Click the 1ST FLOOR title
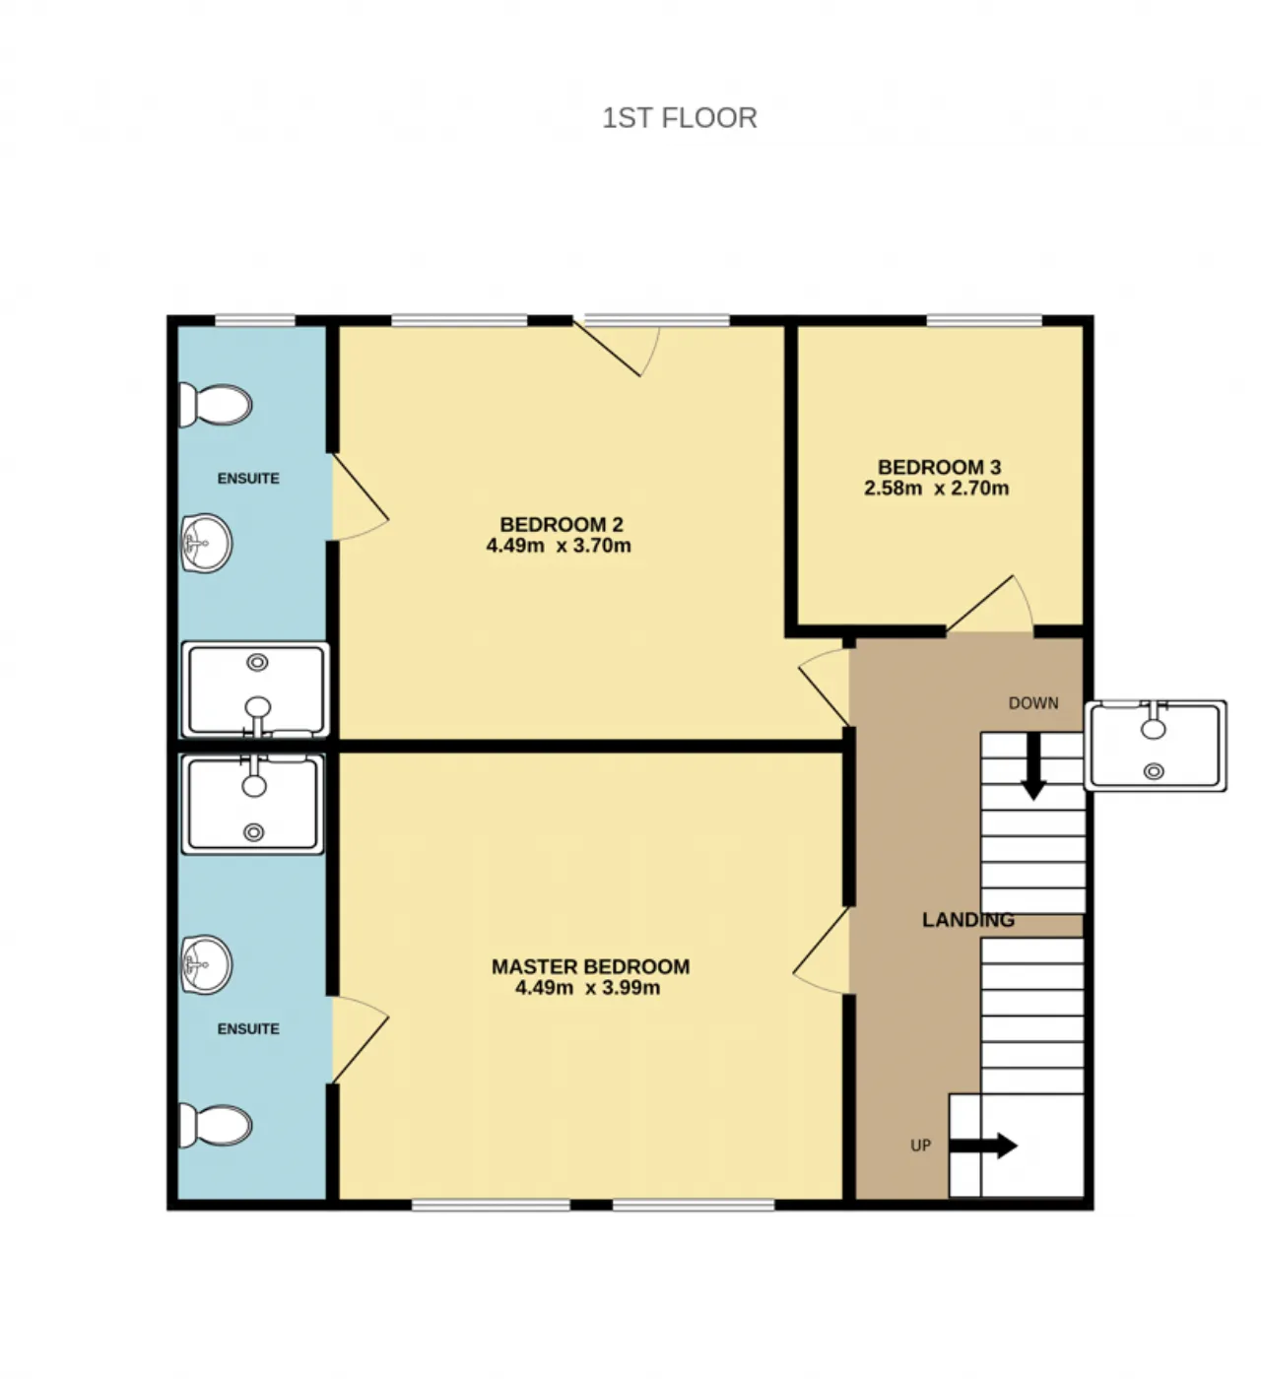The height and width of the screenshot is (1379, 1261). (680, 118)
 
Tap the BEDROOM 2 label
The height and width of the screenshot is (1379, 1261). (562, 525)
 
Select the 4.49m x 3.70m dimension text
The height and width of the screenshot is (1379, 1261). (559, 546)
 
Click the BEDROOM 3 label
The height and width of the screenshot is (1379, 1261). (939, 467)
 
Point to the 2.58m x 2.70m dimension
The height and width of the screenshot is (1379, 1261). (937, 489)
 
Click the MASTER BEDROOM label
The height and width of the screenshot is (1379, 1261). (591, 966)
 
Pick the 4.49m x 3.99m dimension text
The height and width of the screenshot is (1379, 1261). (588, 988)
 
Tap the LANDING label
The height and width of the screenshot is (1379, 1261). (968, 920)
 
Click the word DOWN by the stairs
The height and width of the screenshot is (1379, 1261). (1033, 703)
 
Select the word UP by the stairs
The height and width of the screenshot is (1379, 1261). (921, 1146)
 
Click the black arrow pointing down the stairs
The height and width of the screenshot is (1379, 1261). (1032, 765)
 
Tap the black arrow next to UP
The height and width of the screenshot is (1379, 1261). (982, 1146)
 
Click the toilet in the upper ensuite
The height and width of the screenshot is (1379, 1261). (215, 405)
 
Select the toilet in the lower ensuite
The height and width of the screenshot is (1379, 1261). (215, 1125)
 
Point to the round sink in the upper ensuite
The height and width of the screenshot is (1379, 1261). (206, 543)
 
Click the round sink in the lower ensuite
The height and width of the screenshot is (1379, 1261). (206, 963)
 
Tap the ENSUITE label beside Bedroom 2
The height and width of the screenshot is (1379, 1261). (248, 479)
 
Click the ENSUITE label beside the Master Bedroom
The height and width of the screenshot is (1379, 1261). (248, 1029)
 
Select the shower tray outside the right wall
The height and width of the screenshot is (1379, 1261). (1156, 746)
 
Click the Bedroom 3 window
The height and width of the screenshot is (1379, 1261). (984, 320)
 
